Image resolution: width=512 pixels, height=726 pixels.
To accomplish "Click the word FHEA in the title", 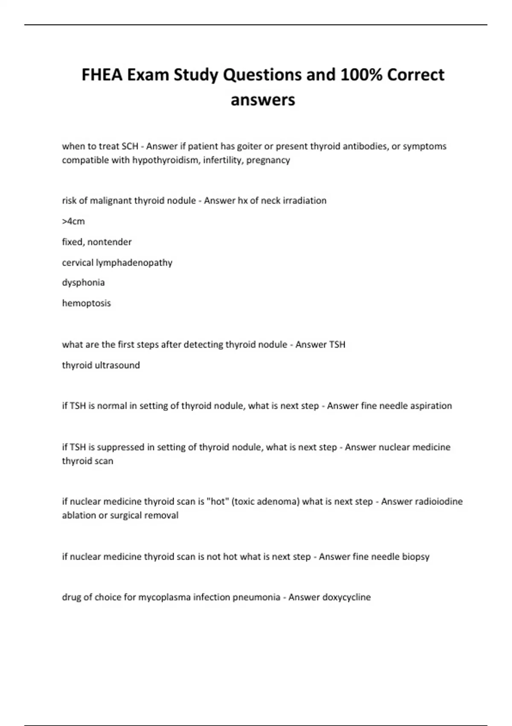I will click(x=102, y=75).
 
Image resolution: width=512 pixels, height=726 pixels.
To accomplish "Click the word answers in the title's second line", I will click(x=263, y=100).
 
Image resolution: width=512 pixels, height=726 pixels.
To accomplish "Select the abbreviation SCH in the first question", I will click(x=130, y=146).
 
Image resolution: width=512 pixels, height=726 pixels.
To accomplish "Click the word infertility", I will click(x=222, y=160).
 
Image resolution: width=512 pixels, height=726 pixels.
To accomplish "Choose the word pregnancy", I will click(x=268, y=161).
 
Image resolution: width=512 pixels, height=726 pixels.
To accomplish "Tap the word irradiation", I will click(x=301, y=201).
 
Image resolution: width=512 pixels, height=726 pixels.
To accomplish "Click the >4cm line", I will click(x=73, y=221).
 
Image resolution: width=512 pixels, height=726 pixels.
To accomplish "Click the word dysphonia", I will click(x=83, y=283).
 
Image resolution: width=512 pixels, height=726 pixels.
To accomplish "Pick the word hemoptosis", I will click(x=86, y=303).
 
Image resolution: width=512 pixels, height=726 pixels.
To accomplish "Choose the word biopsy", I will click(x=416, y=557).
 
